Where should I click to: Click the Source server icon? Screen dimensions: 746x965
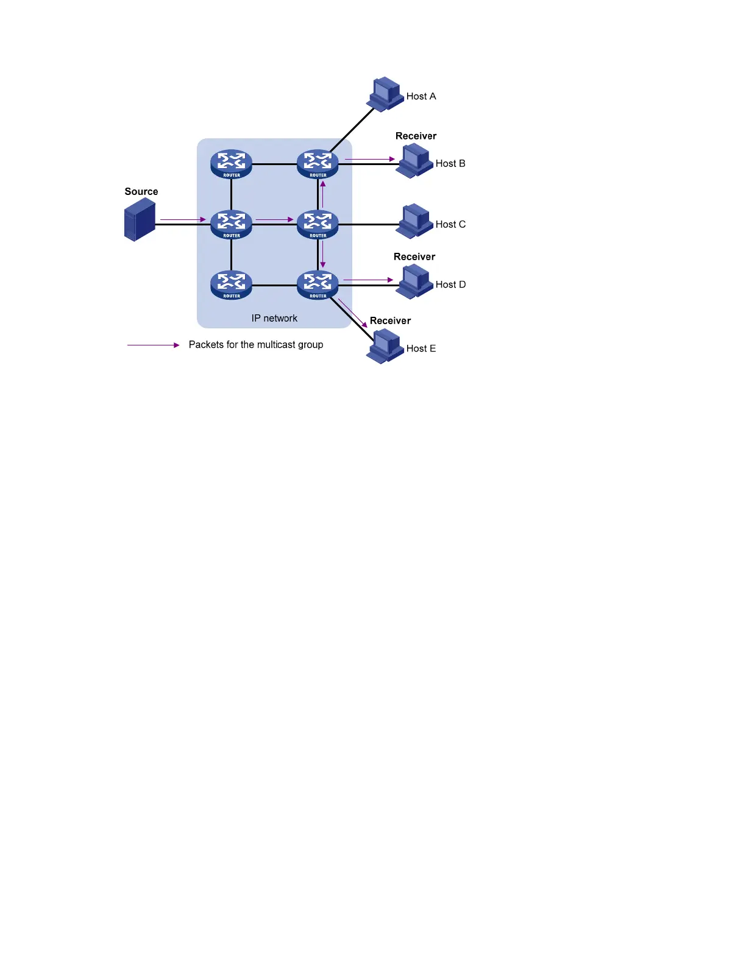click(x=140, y=220)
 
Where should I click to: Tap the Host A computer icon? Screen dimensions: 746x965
click(x=385, y=94)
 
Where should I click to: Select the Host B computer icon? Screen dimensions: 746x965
click(x=414, y=161)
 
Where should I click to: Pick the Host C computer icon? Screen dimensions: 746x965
click(x=414, y=221)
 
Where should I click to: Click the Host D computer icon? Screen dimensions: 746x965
click(x=414, y=281)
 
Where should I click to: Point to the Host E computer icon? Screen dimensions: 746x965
click(x=385, y=347)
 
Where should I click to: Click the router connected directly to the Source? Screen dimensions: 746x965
click(x=232, y=224)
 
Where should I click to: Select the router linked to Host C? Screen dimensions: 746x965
click(x=318, y=224)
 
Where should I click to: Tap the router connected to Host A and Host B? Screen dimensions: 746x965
click(x=318, y=163)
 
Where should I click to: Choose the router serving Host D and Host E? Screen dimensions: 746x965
click(x=318, y=285)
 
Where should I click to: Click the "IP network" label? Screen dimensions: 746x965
click(x=274, y=318)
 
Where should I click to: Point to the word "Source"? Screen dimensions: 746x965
click(x=141, y=191)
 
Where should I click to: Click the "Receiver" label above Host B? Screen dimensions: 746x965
click(x=416, y=136)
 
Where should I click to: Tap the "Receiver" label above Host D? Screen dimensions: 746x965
click(x=414, y=256)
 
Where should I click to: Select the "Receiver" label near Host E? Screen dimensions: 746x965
click(x=390, y=320)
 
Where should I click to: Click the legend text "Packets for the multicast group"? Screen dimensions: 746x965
click(x=256, y=344)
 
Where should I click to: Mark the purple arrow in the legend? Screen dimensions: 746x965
click(x=153, y=345)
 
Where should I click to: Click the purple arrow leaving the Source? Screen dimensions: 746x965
click(x=183, y=219)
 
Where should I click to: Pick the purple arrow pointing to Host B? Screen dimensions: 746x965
click(x=370, y=159)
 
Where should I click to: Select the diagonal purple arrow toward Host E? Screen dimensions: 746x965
click(x=353, y=313)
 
